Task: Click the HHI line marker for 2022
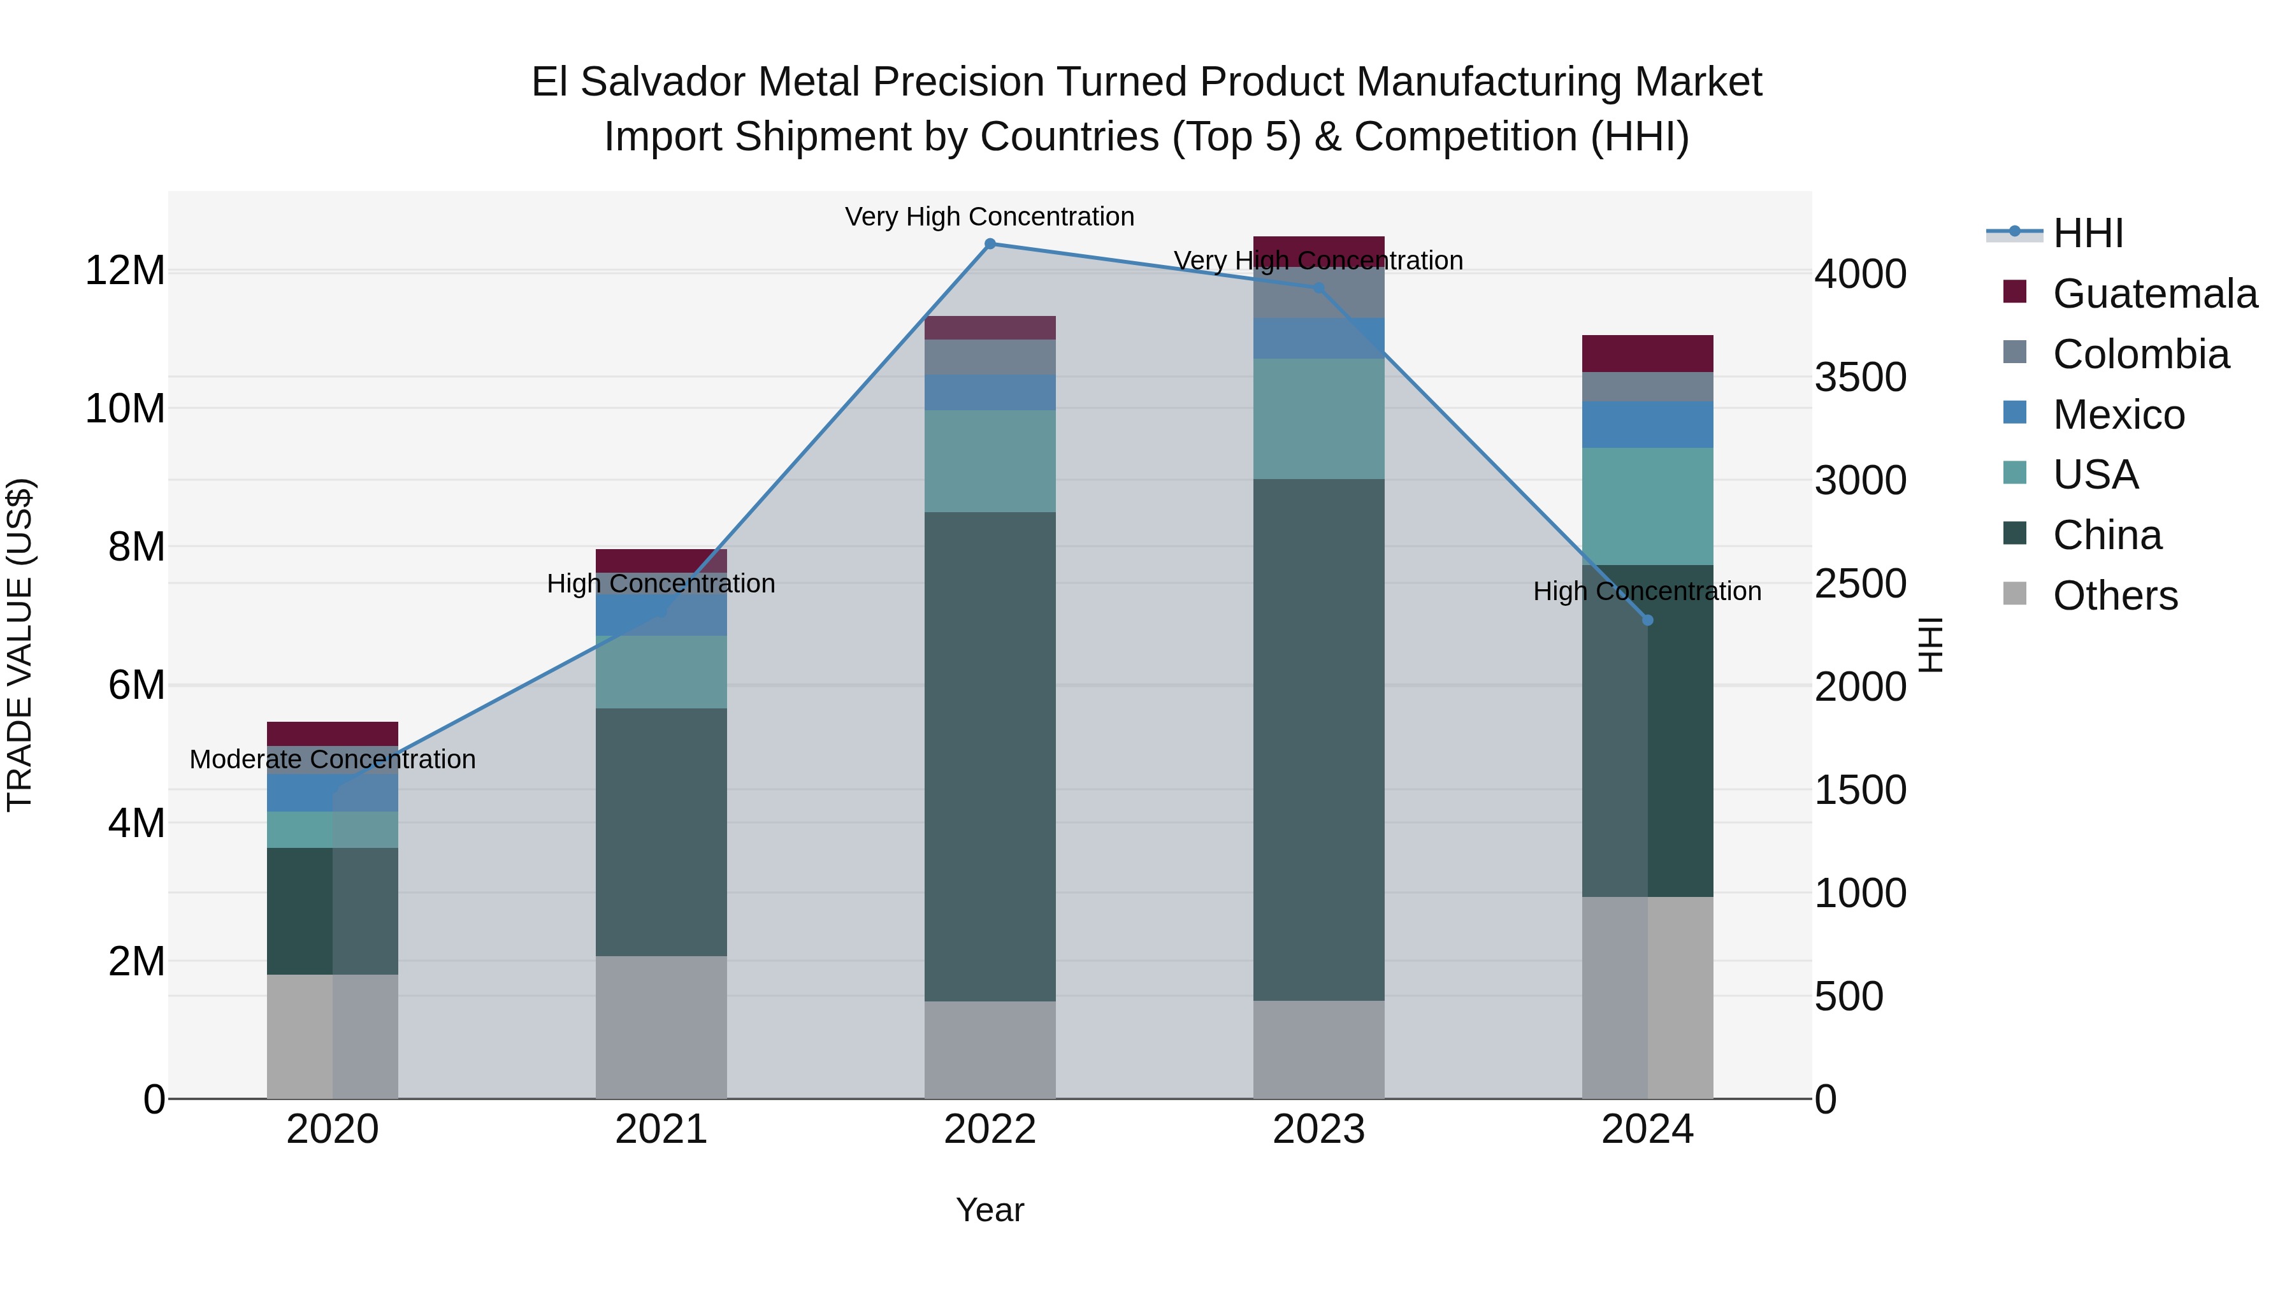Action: [x=990, y=244]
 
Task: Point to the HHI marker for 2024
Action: [x=1647, y=620]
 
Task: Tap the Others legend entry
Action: [x=2114, y=596]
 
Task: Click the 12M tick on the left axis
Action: [x=125, y=271]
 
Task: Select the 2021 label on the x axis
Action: [x=661, y=1129]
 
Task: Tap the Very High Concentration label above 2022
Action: [x=990, y=217]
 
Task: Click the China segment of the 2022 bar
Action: [x=990, y=757]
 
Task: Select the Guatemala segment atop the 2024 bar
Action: [x=1647, y=354]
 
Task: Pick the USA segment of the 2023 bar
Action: [x=1319, y=419]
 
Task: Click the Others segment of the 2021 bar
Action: [x=661, y=1028]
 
